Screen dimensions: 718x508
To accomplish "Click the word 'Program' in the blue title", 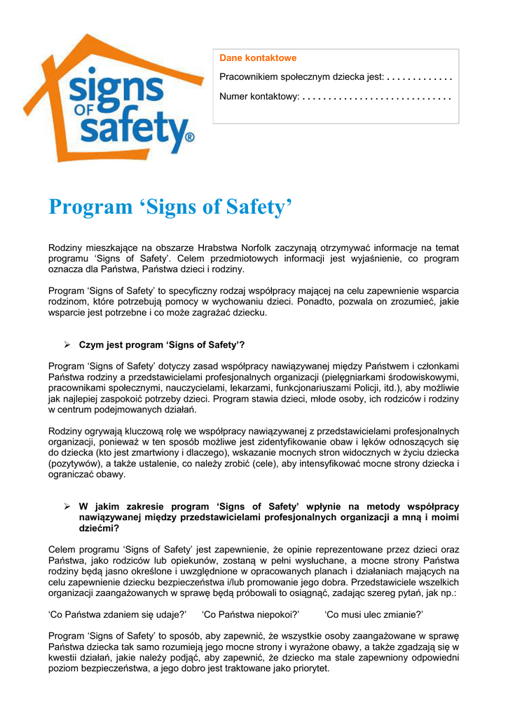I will pyautogui.click(x=90, y=207).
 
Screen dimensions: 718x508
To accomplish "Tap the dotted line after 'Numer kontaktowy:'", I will pyautogui.click(x=377, y=96).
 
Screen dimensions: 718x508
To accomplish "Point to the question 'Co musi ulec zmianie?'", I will pyautogui.click(x=373, y=614).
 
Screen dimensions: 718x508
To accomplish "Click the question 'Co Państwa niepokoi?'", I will pyautogui.click(x=250, y=614).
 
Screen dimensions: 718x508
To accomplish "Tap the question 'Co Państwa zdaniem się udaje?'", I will pyautogui.click(x=117, y=614).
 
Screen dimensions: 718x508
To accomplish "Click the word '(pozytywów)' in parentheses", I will pyautogui.click(x=73, y=463).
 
